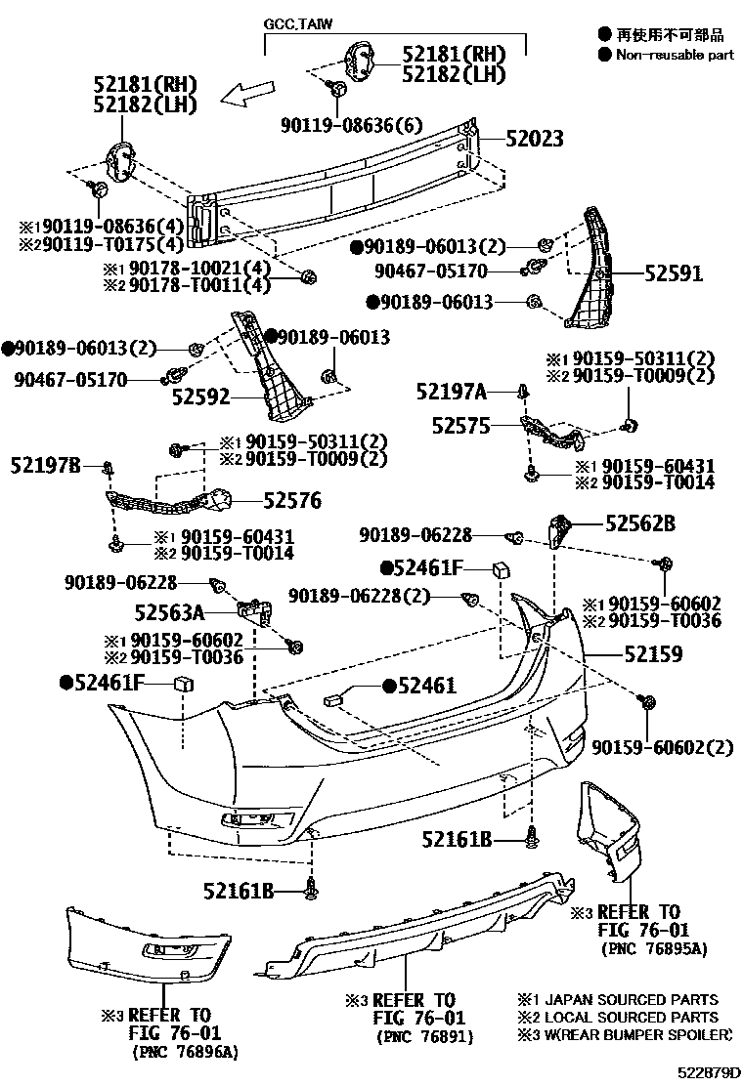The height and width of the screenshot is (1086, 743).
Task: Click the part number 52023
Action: point(535,140)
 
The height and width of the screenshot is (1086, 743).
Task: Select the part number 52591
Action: point(674,274)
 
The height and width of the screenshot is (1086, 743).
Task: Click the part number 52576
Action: point(291,501)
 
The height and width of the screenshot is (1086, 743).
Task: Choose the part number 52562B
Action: point(639,524)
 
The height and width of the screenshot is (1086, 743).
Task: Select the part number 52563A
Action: point(169,612)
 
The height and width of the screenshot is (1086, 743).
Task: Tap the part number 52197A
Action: point(451,392)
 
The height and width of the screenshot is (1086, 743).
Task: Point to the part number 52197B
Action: point(47,466)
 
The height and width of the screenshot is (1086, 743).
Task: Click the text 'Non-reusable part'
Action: point(675,55)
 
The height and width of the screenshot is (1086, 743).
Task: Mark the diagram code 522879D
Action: point(708,1072)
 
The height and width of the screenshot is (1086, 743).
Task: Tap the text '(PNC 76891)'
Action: point(423,1036)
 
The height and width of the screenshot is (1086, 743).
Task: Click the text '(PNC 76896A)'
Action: point(185,1051)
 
